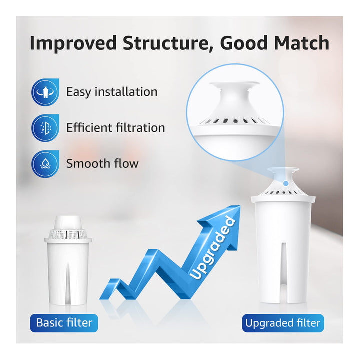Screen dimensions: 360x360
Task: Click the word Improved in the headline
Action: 73,43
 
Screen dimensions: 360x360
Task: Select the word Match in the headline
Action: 302,43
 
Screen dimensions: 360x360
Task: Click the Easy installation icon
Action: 45,92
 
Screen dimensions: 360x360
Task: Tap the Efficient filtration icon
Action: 45,128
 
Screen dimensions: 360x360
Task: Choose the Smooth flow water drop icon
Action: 45,164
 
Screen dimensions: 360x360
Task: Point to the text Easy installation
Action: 112,92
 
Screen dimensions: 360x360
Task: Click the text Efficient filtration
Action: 115,128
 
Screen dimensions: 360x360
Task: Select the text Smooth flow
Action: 102,163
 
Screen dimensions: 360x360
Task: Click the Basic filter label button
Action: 64,323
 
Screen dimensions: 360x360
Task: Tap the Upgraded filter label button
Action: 283,323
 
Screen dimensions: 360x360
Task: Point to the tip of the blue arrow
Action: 240,205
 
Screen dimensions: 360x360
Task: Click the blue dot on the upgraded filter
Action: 286,183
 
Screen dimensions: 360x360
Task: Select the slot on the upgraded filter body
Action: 284,272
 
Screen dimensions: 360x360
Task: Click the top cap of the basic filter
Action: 68,222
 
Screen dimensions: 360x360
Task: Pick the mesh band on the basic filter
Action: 68,233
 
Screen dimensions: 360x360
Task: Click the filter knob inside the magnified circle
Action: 234,96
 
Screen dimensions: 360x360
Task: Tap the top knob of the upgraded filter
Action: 284,174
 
